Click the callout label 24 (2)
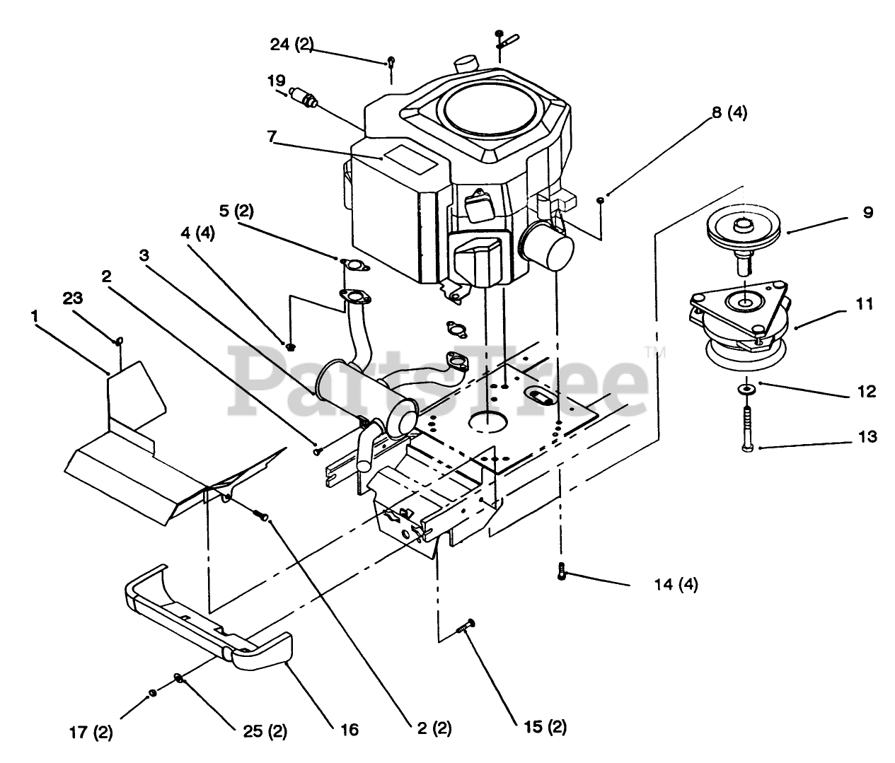pos(291,44)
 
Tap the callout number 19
pos(276,81)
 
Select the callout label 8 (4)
pos(729,113)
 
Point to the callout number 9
pos(867,213)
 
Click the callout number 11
pos(865,304)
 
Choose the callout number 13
pos(867,436)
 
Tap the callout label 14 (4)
pos(676,585)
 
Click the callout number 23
pos(72,298)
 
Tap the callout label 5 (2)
pos(236,211)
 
